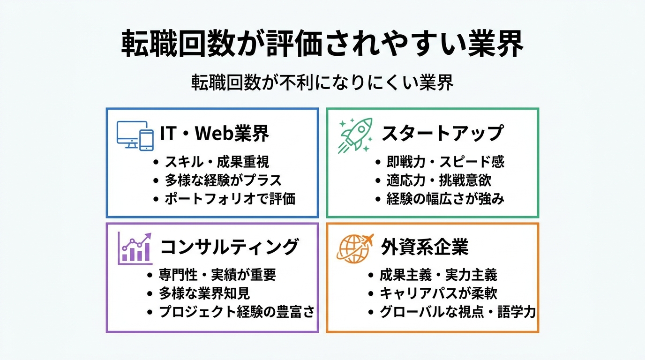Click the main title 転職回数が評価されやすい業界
click(x=322, y=45)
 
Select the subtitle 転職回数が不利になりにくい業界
click(x=322, y=83)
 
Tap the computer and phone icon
click(x=135, y=135)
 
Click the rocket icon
click(x=356, y=135)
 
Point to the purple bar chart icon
click(x=135, y=247)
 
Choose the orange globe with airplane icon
click(x=355, y=247)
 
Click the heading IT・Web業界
click(x=215, y=134)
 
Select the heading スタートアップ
click(x=442, y=134)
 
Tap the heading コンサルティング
click(x=230, y=247)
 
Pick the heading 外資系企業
click(x=425, y=247)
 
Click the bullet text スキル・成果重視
click(x=217, y=162)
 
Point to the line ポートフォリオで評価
click(x=230, y=199)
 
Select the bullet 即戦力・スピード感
click(x=445, y=162)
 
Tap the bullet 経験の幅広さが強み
click(x=445, y=199)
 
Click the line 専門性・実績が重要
click(x=217, y=275)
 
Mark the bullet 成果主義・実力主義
click(x=438, y=275)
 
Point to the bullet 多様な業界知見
click(x=204, y=293)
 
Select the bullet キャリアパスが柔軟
click(x=438, y=293)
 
